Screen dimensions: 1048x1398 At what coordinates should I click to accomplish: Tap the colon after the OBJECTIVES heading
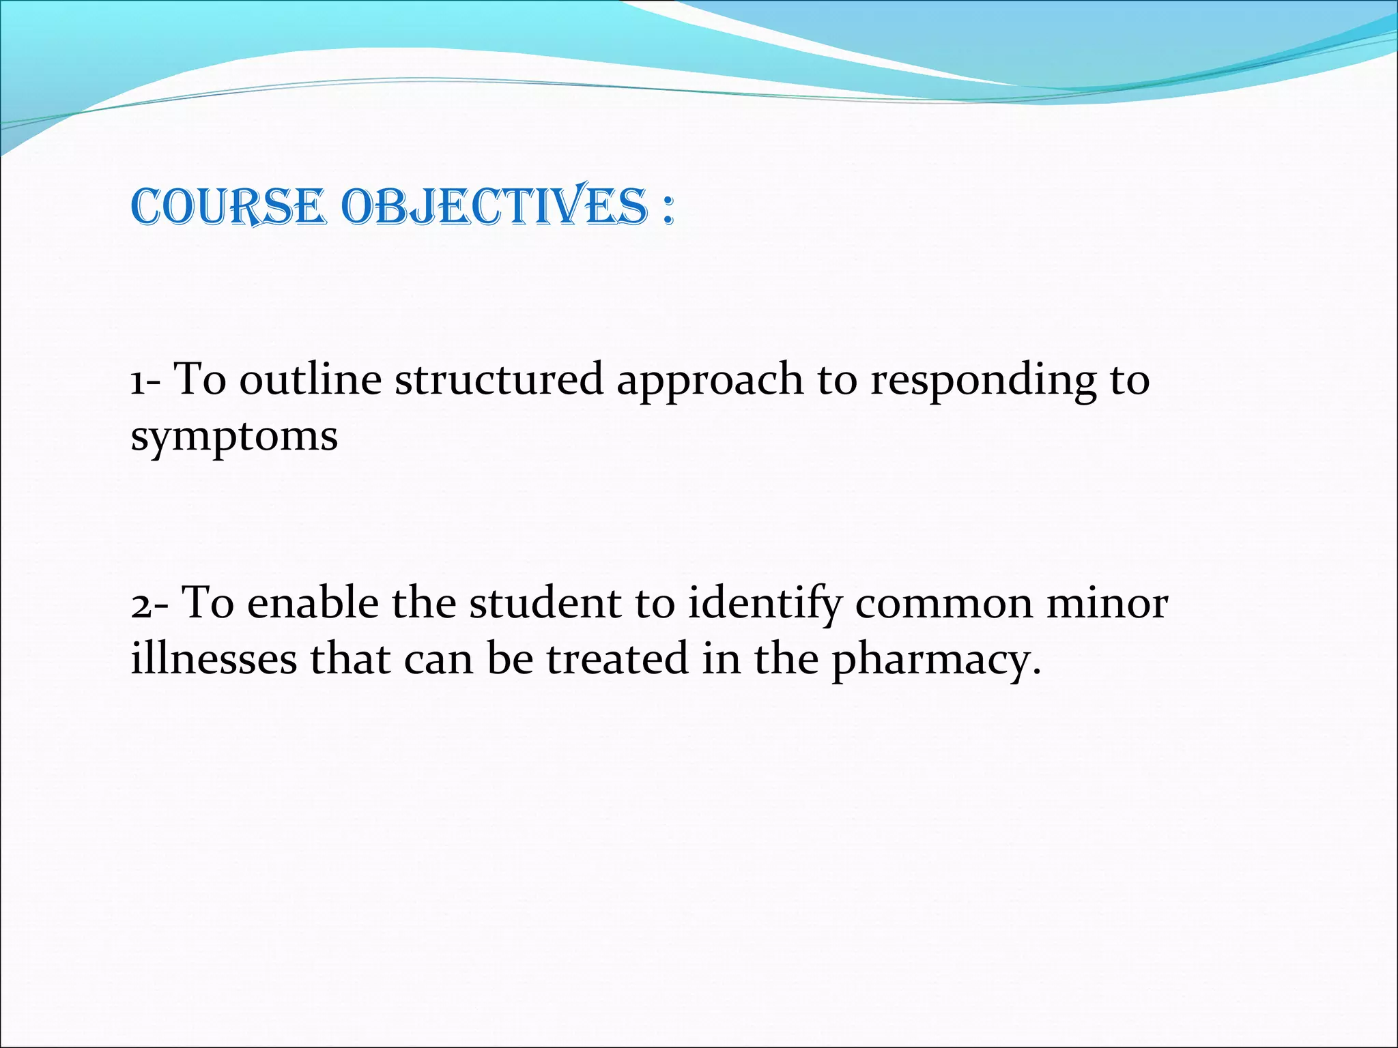pyautogui.click(x=667, y=210)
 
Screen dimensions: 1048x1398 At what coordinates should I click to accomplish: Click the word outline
pyautogui.click(x=310, y=380)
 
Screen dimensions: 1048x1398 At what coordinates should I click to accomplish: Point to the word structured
pyautogui.click(x=499, y=380)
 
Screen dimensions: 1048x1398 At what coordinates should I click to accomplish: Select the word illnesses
pyautogui.click(x=214, y=660)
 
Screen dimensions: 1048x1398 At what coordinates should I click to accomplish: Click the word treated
pyautogui.click(x=617, y=660)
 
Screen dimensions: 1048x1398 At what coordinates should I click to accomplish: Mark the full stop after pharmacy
pyautogui.click(x=1037, y=672)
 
